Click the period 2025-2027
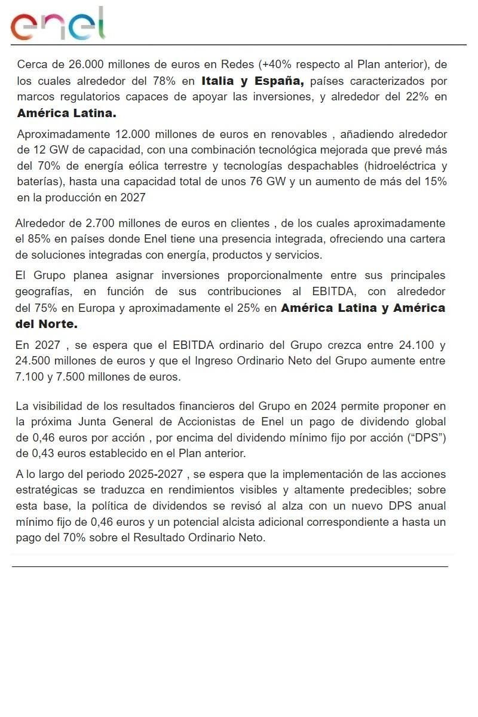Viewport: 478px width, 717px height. pos(155,474)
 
